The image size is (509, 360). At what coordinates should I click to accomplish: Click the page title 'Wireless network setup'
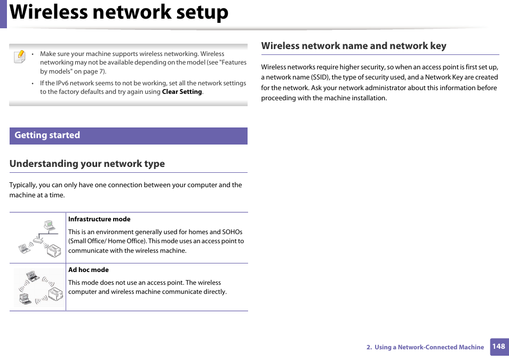coord(119,13)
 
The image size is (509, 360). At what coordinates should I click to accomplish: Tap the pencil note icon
coord(19,56)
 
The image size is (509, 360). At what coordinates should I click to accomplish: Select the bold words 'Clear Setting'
coord(182,92)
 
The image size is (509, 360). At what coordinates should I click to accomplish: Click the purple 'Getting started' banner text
coord(47,135)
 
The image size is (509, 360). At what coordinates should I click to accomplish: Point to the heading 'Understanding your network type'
coord(87,164)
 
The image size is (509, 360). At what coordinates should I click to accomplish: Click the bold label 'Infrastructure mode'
coord(99,219)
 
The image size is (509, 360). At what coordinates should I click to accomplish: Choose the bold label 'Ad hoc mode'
coord(88,270)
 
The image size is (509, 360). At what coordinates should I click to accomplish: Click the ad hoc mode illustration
coord(38,287)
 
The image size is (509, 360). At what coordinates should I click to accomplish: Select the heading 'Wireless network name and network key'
coord(353,46)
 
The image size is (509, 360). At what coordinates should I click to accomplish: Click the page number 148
coord(498,346)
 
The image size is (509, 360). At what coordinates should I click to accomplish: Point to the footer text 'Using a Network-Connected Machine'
coord(429,347)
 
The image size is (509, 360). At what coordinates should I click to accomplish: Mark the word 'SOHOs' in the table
coord(232,232)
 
